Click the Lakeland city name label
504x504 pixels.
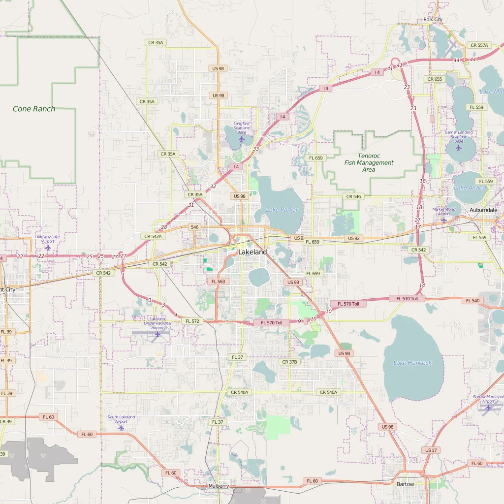[252, 252]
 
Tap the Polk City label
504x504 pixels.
[433, 20]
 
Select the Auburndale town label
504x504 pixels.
[483, 210]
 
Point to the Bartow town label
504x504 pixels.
[406, 484]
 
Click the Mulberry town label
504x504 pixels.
[219, 486]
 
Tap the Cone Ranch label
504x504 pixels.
[34, 109]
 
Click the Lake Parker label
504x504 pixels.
[282, 210]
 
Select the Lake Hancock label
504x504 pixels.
[412, 363]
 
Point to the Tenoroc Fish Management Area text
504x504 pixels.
[369, 162]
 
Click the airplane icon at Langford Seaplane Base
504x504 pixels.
[242, 139]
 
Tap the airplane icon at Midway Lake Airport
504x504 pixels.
[48, 247]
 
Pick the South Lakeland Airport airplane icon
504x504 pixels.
[121, 427]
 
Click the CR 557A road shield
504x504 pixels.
[479, 45]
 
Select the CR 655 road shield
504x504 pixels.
[435, 79]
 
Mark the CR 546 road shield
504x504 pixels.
[353, 196]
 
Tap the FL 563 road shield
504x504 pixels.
[218, 282]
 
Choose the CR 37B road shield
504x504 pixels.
[289, 362]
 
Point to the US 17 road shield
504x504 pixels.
[430, 450]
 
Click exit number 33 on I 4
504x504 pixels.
[255, 149]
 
